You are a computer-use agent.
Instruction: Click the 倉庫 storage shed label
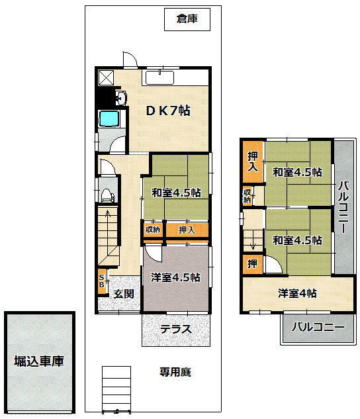(187, 19)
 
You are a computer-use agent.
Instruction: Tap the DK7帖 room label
(168, 111)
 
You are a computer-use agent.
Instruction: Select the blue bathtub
(109, 118)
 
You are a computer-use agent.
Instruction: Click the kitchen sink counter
(159, 77)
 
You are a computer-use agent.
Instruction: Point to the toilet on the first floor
(107, 195)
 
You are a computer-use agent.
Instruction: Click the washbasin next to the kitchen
(121, 97)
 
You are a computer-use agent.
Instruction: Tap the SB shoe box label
(101, 281)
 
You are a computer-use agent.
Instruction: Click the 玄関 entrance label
(124, 294)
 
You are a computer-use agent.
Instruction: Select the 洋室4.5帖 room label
(175, 277)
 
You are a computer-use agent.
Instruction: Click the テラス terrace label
(176, 329)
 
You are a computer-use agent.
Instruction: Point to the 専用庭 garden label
(175, 372)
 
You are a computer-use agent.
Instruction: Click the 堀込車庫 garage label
(39, 361)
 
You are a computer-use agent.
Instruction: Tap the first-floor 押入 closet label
(187, 230)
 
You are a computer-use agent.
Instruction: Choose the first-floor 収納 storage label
(153, 229)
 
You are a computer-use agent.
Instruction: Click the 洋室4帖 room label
(297, 293)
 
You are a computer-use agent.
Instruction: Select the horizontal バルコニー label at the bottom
(318, 327)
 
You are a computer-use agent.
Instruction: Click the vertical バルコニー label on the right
(343, 207)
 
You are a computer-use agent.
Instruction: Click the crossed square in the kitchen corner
(106, 77)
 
